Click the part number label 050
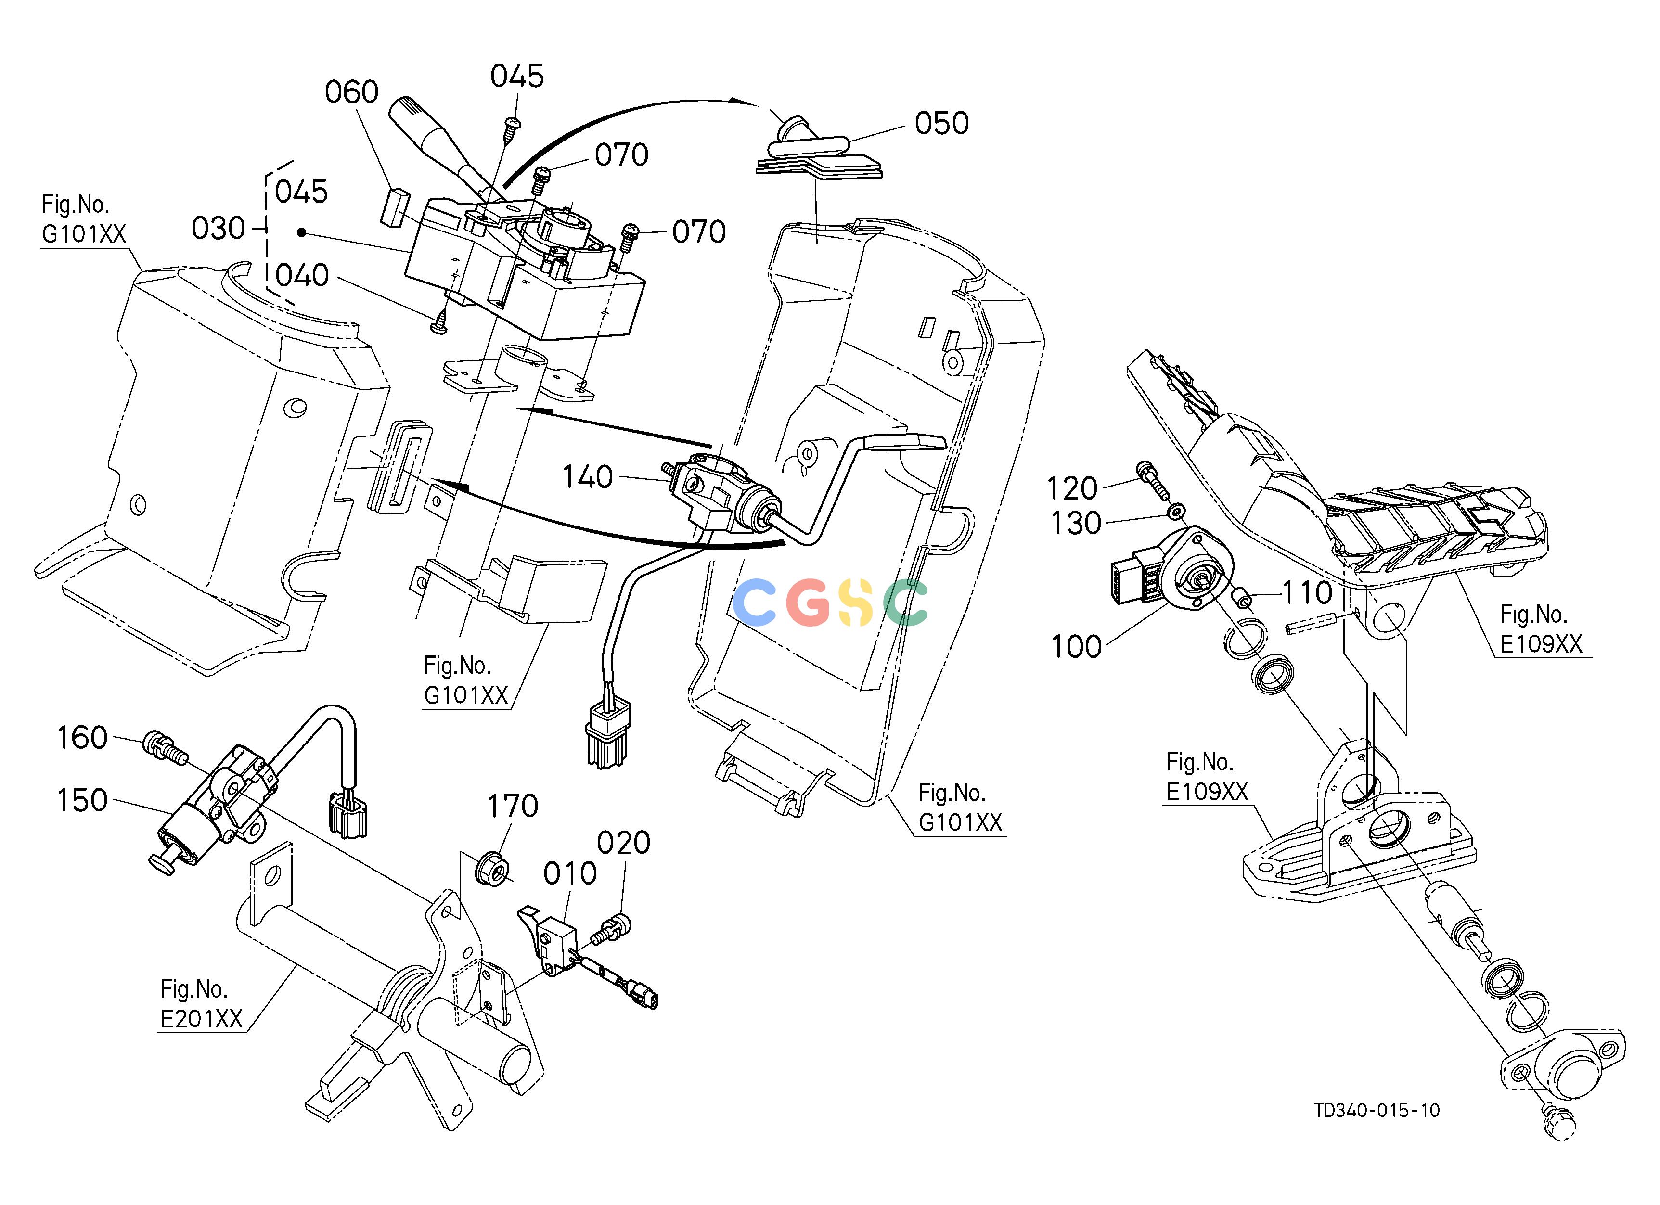pyautogui.click(x=941, y=123)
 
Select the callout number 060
pyautogui.click(x=351, y=92)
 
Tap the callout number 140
pyautogui.click(x=587, y=477)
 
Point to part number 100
pyautogui.click(x=1076, y=647)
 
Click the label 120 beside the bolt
pyautogui.click(x=1072, y=488)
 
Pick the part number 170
pyautogui.click(x=513, y=806)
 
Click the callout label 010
pyautogui.click(x=570, y=873)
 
